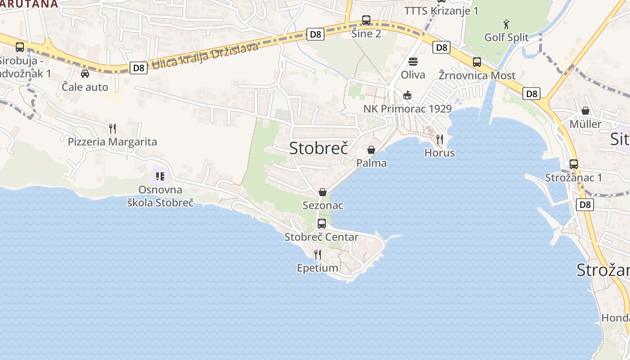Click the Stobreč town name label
point(319,148)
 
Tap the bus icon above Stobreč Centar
point(322,223)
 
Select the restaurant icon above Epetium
point(318,255)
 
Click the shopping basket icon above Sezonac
point(323,192)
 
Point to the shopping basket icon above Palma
point(371,150)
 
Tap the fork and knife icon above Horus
point(440,139)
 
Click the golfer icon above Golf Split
point(506,24)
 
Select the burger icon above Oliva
point(413,61)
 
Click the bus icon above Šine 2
point(366,20)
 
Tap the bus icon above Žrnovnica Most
point(477,62)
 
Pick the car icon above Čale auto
point(85,74)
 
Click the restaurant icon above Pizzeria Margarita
point(112,129)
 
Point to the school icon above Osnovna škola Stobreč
point(160,176)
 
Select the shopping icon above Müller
point(585,111)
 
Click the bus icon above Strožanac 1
point(574,164)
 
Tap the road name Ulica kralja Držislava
point(205,56)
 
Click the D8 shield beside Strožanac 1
point(585,205)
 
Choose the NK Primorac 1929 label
point(407,109)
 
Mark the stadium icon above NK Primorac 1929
point(407,95)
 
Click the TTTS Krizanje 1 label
point(441,11)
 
